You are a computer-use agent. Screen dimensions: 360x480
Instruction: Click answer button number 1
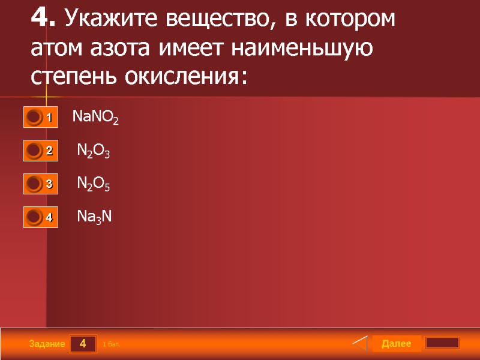click(41, 118)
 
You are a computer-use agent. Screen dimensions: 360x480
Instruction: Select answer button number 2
click(41, 151)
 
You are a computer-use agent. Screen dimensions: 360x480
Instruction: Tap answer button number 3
click(41, 184)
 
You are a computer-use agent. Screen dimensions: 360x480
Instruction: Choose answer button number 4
click(41, 217)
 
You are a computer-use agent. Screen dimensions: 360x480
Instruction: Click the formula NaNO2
click(95, 117)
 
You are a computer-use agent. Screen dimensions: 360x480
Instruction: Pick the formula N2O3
click(94, 151)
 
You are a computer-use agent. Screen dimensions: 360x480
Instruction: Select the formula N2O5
click(94, 184)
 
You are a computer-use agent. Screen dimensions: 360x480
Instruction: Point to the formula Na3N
click(95, 217)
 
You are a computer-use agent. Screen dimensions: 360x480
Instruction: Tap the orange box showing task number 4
click(83, 344)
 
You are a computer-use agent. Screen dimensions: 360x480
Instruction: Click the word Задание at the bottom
click(47, 344)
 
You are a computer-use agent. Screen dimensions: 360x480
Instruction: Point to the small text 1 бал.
click(112, 344)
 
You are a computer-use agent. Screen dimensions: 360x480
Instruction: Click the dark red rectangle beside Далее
click(442, 343)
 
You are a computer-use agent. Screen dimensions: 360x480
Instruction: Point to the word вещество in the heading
click(214, 19)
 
